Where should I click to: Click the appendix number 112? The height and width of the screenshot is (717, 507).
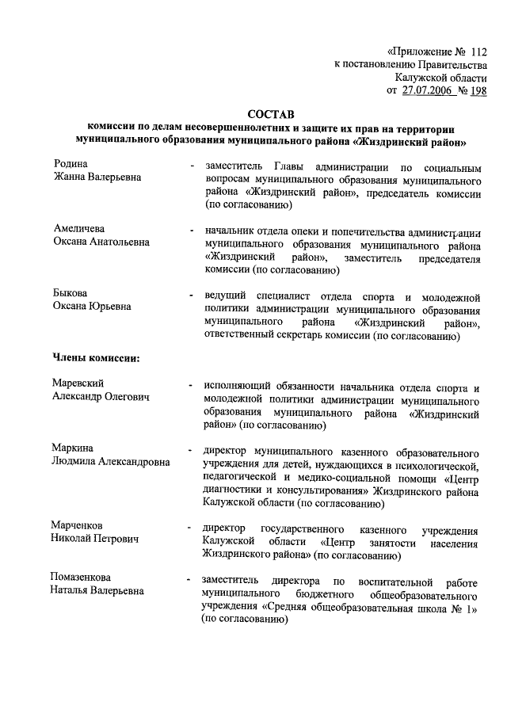pos(478,49)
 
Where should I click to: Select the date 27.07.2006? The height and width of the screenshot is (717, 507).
pos(429,91)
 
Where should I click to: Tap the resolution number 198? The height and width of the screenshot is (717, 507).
pos(478,91)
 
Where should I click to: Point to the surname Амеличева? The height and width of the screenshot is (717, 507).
pos(78,229)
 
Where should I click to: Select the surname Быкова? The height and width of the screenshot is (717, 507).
pos(70,294)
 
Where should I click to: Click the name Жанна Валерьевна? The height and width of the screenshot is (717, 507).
pos(97,177)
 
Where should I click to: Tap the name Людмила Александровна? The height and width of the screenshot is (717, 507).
pos(110,461)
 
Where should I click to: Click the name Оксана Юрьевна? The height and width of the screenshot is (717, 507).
pos(92,307)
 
